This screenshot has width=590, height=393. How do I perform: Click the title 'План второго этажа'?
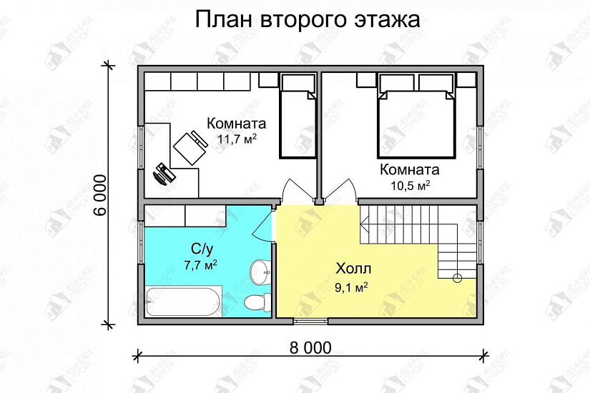[308, 20]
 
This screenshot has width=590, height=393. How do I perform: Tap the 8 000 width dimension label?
[311, 348]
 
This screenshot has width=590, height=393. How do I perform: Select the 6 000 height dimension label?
[99, 194]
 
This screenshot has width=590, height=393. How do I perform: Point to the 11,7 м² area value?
[237, 138]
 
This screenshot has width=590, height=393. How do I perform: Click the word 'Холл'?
[353, 270]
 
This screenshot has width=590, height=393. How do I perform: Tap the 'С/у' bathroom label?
[202, 249]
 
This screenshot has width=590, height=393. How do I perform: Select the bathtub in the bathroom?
[183, 302]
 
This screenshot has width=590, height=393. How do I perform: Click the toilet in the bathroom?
[257, 301]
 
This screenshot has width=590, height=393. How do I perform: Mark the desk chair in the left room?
[188, 146]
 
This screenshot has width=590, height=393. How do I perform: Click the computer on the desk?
[165, 173]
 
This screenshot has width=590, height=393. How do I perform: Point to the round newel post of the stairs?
[458, 277]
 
